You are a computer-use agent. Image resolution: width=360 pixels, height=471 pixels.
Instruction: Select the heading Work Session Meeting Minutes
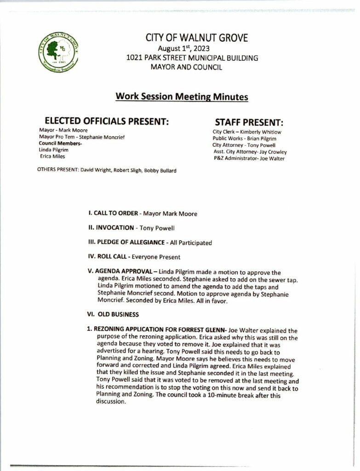pos(182,97)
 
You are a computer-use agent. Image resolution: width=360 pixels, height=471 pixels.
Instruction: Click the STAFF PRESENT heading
pos(249,123)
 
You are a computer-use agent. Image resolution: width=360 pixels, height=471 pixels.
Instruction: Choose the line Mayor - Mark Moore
pos(63,130)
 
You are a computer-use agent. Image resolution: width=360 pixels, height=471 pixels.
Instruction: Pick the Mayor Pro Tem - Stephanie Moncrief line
pos(82,137)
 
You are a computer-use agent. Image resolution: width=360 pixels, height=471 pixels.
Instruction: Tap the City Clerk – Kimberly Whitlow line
pos(247,132)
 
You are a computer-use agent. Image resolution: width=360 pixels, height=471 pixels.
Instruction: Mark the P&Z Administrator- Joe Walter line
pos(249,159)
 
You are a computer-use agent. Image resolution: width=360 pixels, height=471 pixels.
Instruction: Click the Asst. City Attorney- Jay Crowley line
pos(250,152)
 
